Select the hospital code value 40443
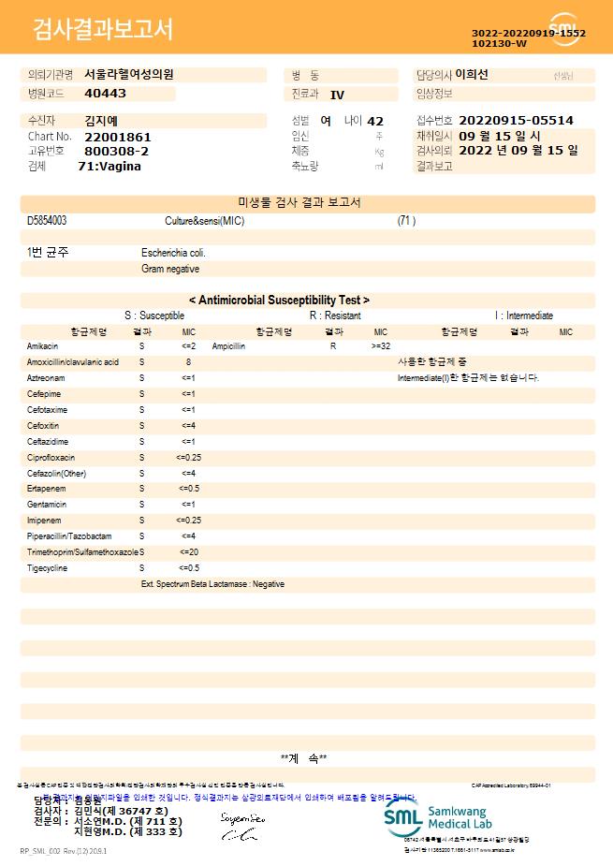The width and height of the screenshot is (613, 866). click(105, 94)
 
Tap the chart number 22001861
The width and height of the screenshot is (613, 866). click(117, 137)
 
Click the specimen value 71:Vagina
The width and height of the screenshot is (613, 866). click(109, 166)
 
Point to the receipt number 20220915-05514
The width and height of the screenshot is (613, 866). click(516, 121)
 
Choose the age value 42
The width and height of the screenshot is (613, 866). click(375, 121)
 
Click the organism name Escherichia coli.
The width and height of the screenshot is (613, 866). click(173, 253)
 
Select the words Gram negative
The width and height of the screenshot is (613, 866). click(170, 269)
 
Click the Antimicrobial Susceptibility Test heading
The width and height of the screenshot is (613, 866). click(279, 301)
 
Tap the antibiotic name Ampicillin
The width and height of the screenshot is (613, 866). click(229, 345)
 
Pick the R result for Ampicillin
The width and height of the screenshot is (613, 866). click(332, 345)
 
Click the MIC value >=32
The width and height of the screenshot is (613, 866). click(381, 345)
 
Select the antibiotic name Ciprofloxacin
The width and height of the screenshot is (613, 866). click(51, 457)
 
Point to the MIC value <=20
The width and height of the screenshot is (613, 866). click(188, 551)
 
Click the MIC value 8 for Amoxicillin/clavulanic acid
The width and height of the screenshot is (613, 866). click(188, 361)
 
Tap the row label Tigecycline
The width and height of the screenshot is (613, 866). click(47, 567)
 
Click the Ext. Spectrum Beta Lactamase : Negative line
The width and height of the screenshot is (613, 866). click(212, 584)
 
